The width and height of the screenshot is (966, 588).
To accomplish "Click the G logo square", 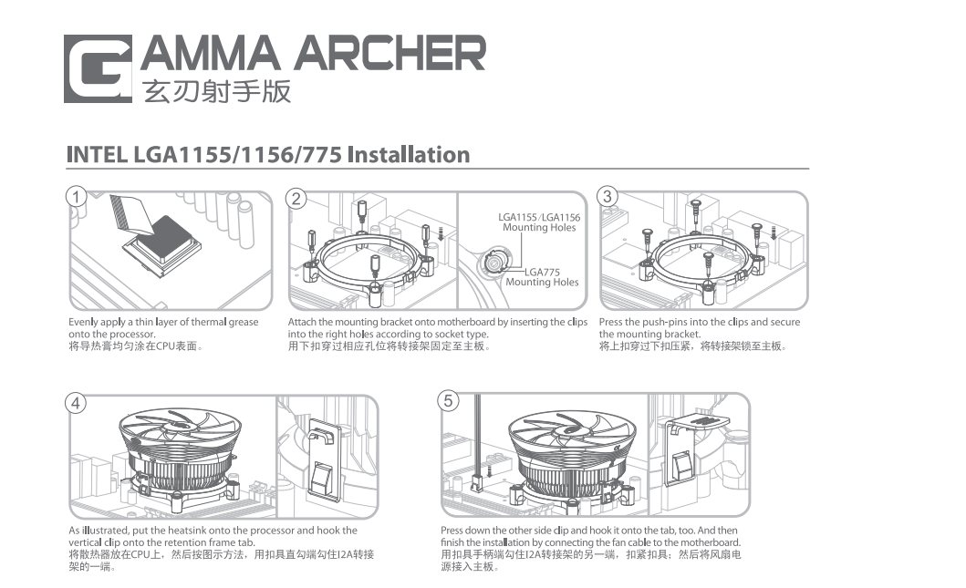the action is click(x=98, y=68).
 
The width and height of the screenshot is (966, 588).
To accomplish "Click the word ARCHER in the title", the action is click(x=390, y=53).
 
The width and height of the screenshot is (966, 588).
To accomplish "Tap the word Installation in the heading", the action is click(x=409, y=154).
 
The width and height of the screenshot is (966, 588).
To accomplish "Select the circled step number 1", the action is click(x=76, y=197).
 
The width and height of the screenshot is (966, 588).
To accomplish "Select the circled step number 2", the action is click(x=296, y=198).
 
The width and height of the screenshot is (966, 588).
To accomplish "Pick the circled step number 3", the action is click(x=608, y=196).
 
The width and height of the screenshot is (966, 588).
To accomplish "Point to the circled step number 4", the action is click(x=76, y=403).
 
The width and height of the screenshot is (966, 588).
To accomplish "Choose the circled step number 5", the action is click(x=448, y=401).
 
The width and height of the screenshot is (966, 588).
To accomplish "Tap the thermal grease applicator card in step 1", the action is click(x=132, y=214).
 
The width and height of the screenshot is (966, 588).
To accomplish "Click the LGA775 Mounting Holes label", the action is click(x=542, y=277).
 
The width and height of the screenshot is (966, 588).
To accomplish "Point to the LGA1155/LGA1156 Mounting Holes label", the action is click(x=539, y=222).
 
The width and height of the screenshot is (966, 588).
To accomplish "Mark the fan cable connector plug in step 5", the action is click(x=477, y=483).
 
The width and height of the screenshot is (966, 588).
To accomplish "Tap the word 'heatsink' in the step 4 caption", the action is click(x=188, y=531).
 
